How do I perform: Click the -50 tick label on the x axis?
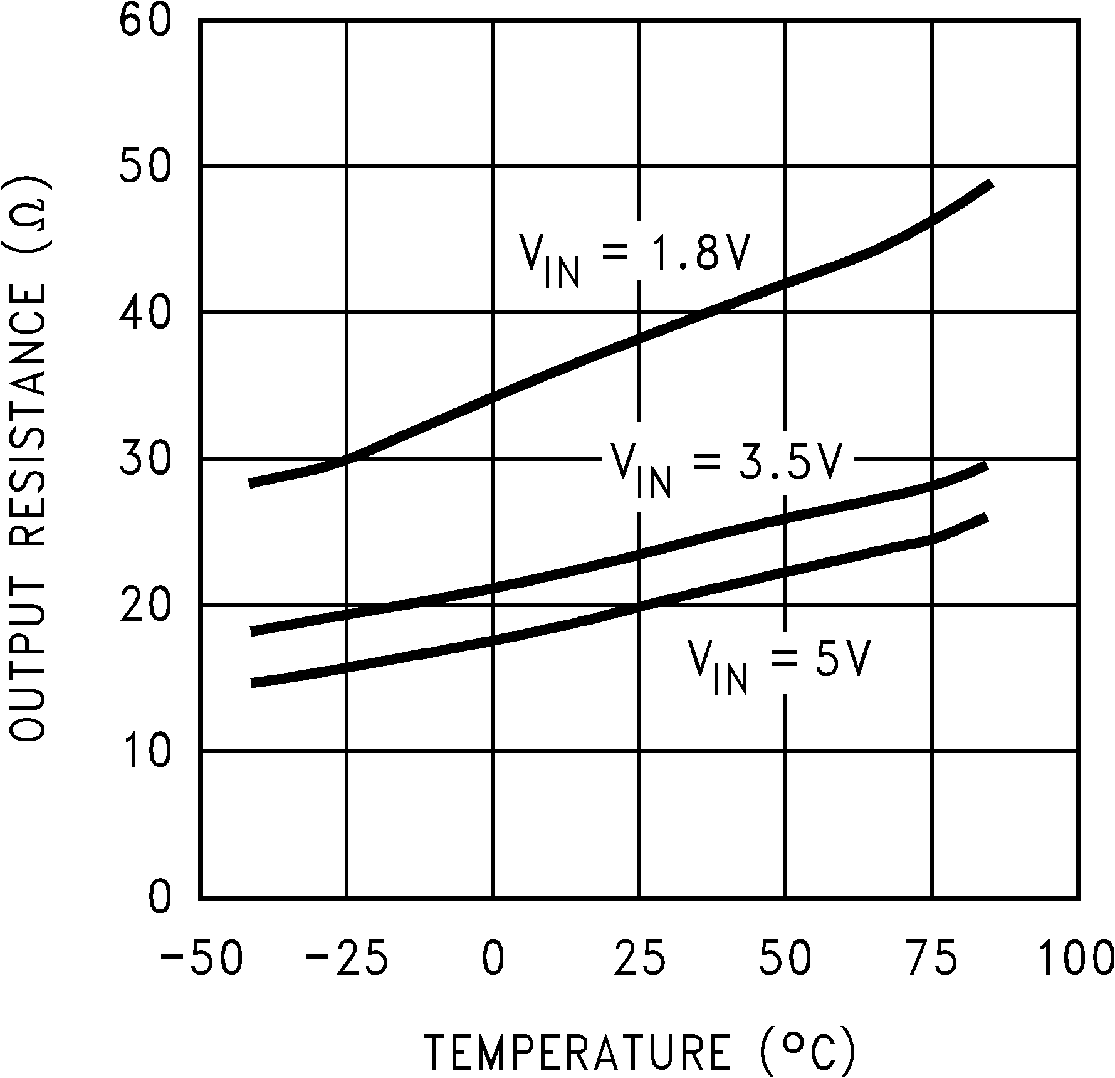(202, 959)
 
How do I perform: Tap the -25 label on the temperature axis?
(346, 959)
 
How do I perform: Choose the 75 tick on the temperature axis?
(933, 959)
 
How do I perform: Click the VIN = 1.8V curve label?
(633, 257)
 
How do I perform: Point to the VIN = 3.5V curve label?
(724, 467)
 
